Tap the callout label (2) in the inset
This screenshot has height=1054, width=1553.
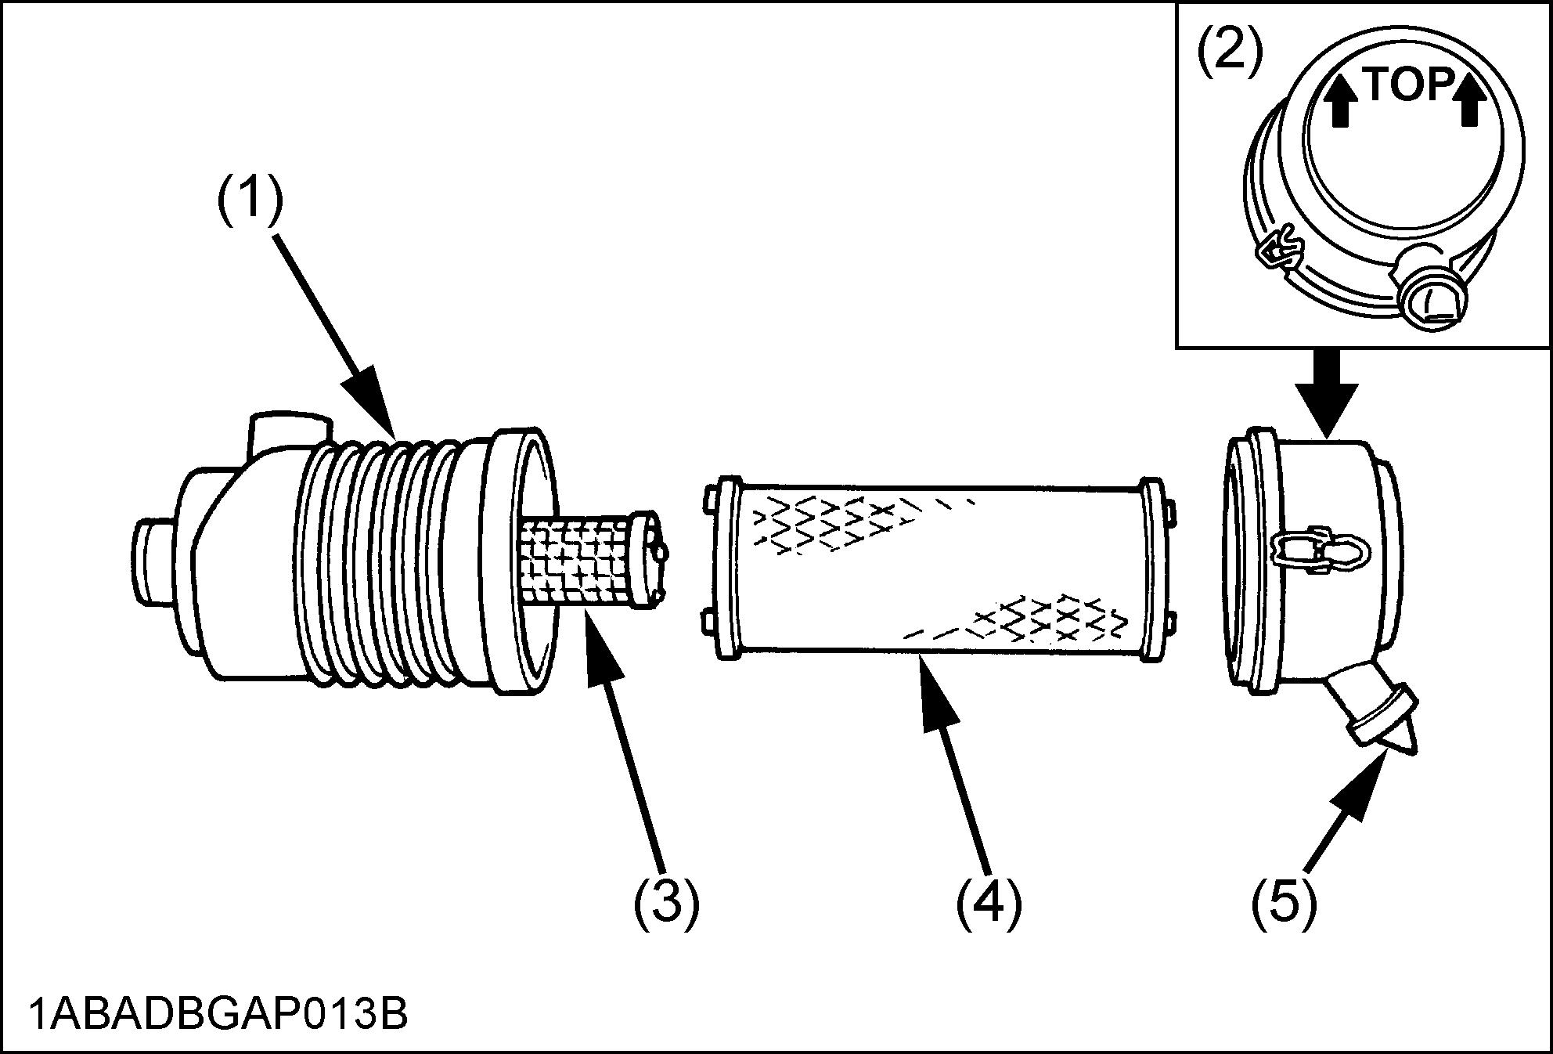click(x=1231, y=52)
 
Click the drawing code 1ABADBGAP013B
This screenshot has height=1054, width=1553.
click(x=218, y=1015)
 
